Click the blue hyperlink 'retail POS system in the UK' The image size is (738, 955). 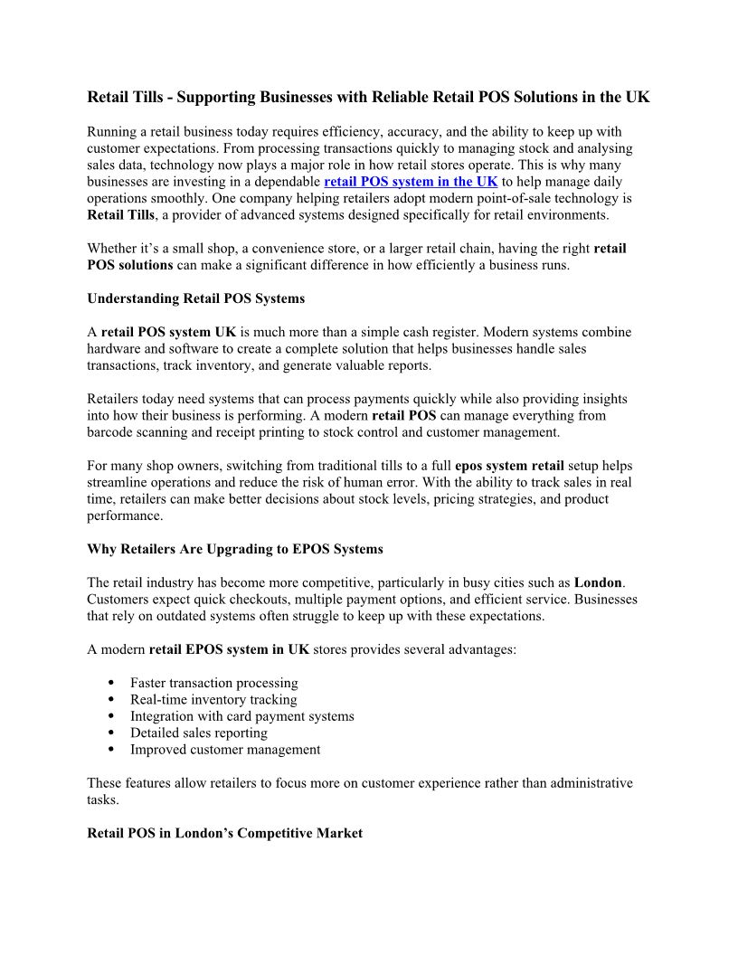(x=411, y=182)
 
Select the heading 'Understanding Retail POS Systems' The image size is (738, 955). (x=195, y=298)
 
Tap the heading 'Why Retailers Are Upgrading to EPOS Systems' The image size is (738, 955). (x=235, y=549)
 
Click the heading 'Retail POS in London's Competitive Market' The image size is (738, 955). (x=224, y=833)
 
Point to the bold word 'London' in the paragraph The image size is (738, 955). (x=599, y=582)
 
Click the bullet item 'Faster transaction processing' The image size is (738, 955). (x=213, y=683)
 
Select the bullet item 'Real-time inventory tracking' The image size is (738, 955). (x=213, y=700)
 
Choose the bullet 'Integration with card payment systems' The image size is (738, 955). (x=241, y=716)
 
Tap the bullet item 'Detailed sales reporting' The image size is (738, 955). (x=199, y=733)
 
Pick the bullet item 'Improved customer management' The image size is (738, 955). (x=225, y=750)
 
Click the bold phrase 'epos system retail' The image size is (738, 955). (x=509, y=466)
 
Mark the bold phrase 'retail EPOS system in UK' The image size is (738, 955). (x=229, y=649)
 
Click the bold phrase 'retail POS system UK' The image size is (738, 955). (x=168, y=332)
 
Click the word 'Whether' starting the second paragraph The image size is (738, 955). (x=112, y=249)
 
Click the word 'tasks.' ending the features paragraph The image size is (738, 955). (x=102, y=799)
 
